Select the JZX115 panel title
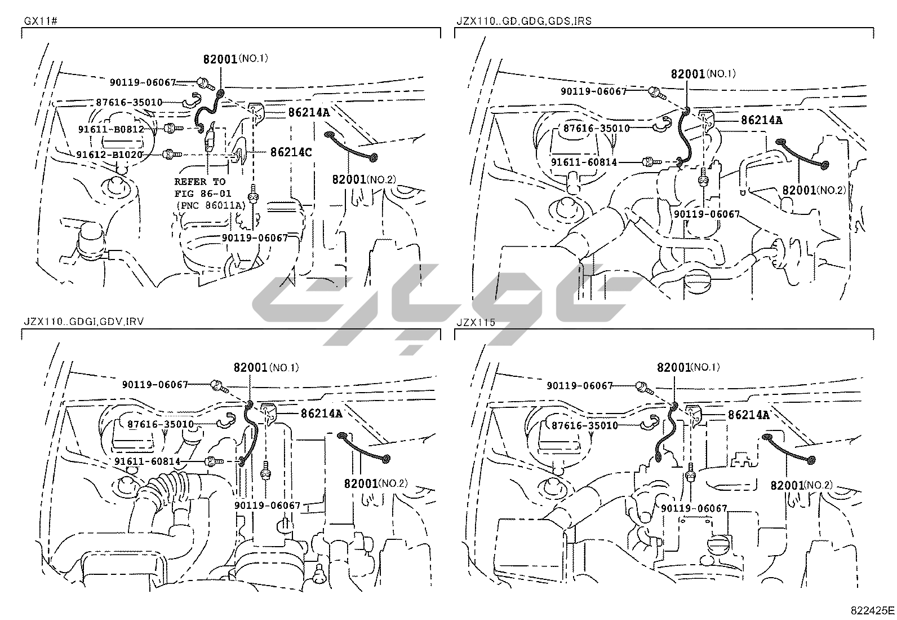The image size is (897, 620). click(476, 323)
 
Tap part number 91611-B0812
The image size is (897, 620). click(111, 129)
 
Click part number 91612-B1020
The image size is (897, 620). click(110, 154)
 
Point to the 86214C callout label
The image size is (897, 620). click(291, 152)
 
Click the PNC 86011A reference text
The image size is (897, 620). click(211, 205)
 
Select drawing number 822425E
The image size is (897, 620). click(872, 610)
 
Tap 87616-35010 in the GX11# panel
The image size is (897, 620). click(129, 102)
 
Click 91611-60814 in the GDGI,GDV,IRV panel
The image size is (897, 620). click(147, 461)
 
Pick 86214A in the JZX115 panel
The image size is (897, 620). click(748, 415)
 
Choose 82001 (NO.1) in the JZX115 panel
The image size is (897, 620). click(688, 367)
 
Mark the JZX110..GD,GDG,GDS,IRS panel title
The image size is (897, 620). click(523, 21)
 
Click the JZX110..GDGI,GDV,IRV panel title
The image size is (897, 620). click(84, 323)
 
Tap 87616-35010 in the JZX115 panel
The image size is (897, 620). click(584, 425)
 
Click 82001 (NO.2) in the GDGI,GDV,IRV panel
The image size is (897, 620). click(375, 483)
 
